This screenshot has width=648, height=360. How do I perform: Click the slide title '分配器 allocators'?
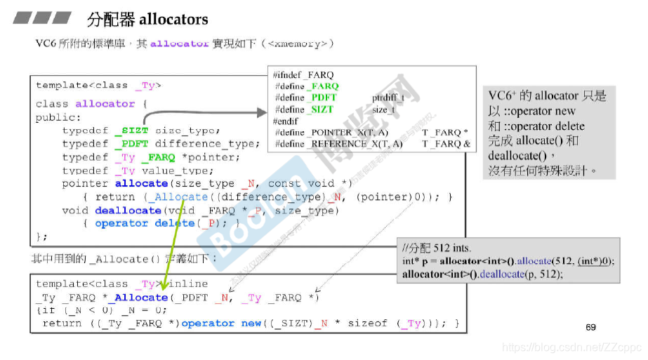pos(147,19)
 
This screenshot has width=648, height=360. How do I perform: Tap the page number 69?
pos(590,327)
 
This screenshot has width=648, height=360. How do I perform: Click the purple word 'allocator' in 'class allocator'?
pos(105,104)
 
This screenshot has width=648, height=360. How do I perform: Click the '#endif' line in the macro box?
pos(285,121)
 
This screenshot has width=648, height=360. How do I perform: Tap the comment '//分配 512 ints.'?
pos(437,248)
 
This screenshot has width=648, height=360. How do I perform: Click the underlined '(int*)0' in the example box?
pos(595,261)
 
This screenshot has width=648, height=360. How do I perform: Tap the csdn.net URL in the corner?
pos(573,347)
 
